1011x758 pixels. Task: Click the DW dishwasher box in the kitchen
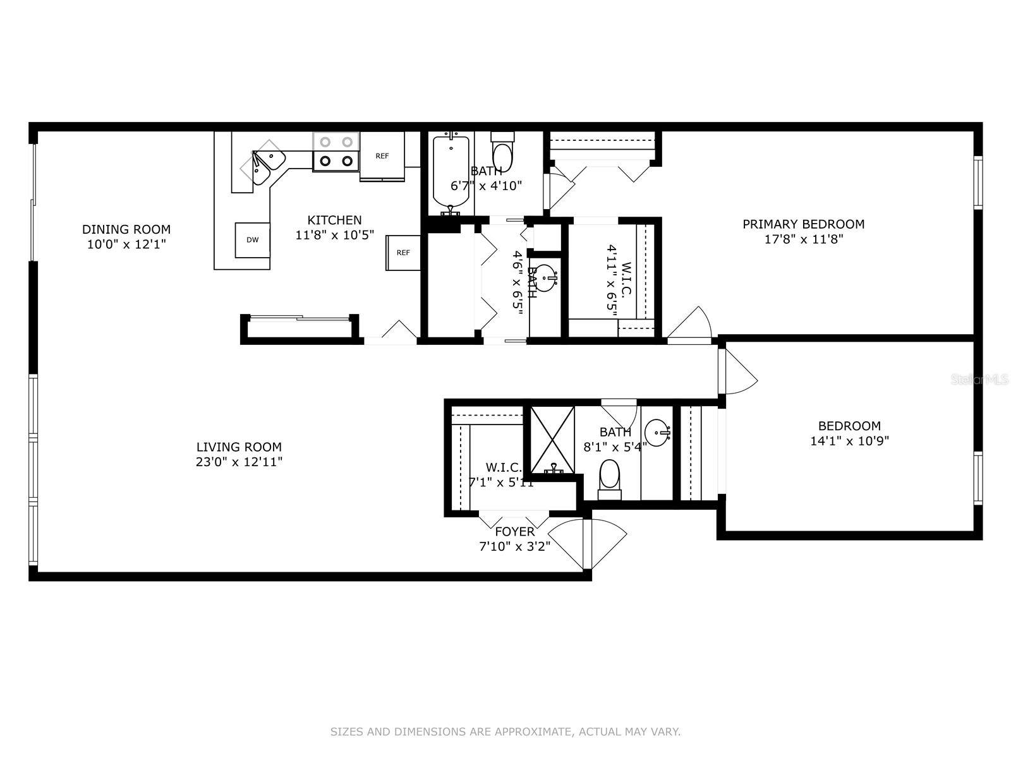(x=253, y=240)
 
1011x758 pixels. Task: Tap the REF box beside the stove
(x=382, y=156)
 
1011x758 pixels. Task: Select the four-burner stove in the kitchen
(x=336, y=152)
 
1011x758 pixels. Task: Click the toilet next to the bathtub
(x=504, y=152)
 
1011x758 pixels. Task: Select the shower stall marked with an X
(x=552, y=440)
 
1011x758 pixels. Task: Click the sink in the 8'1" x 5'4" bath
(x=658, y=433)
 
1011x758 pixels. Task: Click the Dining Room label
(x=126, y=229)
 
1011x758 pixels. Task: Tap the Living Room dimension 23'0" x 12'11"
(x=239, y=462)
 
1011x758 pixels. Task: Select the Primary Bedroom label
(x=803, y=224)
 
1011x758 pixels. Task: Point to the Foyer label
(x=514, y=532)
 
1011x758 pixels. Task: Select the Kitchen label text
(x=334, y=220)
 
